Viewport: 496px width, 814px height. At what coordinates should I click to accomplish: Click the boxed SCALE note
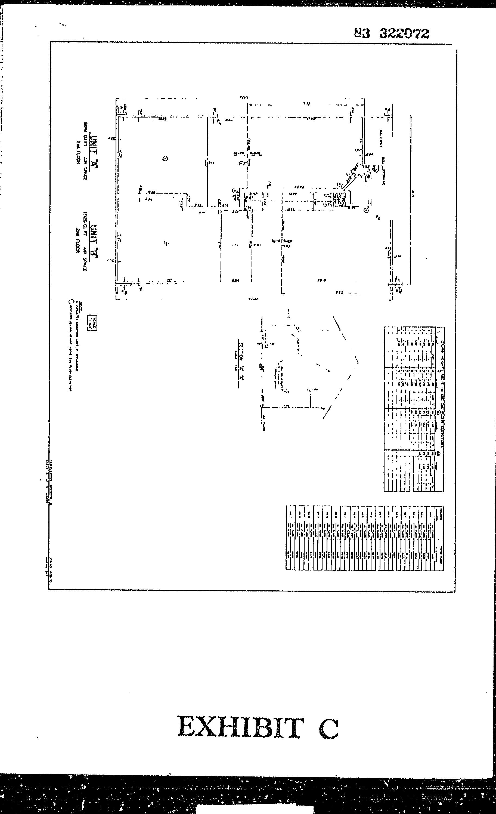tap(93, 323)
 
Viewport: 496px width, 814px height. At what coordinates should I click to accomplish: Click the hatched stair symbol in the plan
tap(339, 199)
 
